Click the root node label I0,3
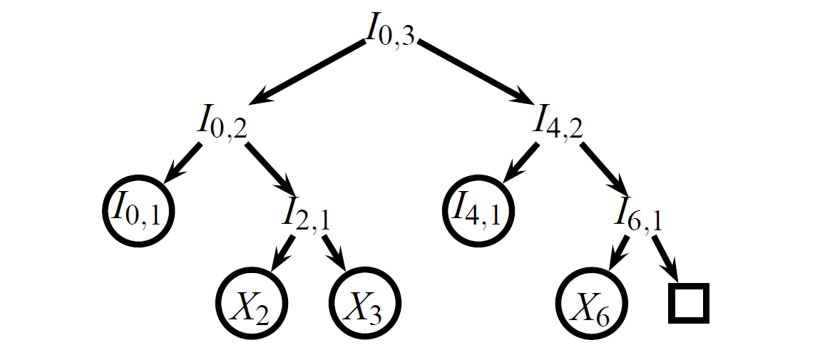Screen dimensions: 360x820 coord(389,30)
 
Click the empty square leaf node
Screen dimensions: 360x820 coord(688,303)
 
